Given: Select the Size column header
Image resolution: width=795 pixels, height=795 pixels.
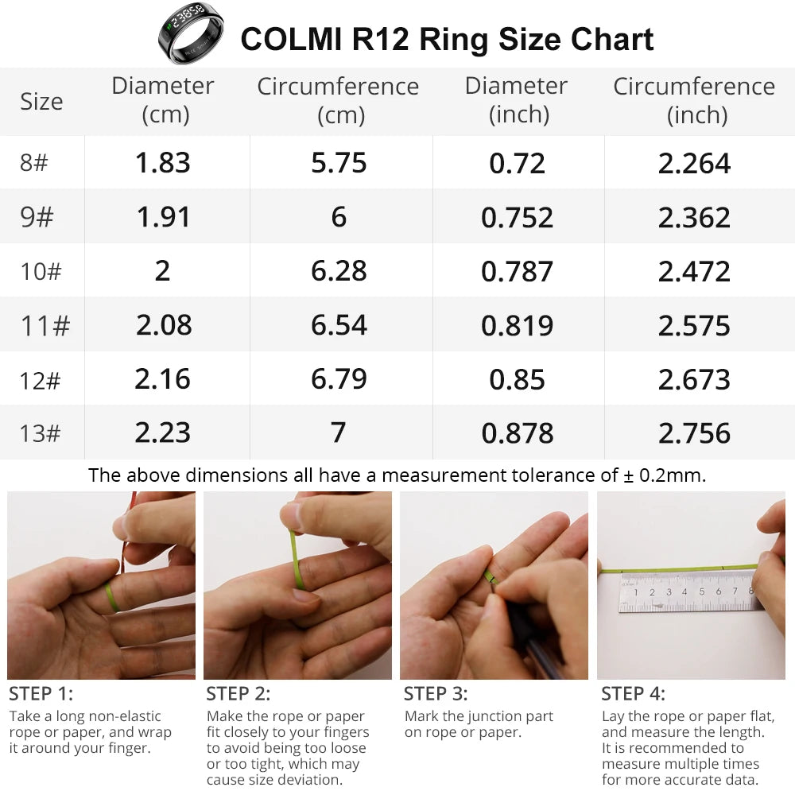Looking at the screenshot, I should coord(41,102).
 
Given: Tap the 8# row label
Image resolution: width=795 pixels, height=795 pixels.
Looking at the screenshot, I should coord(34,163).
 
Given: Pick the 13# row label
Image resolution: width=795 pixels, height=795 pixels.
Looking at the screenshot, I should coord(41,433).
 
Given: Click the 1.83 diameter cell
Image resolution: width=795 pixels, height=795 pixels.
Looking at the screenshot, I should coord(163,163).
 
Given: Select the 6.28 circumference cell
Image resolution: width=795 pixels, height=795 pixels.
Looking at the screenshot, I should coord(339,271).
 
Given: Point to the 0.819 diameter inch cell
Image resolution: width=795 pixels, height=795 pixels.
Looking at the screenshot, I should coord(517,325).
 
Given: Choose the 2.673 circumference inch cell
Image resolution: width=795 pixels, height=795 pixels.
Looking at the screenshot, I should coord(694,379).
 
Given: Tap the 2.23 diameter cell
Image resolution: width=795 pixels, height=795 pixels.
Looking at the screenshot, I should coord(163,433).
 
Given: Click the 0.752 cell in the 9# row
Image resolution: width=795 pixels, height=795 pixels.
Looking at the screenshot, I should coord(517,217).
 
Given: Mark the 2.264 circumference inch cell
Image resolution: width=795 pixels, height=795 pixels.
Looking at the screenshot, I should coord(694,163).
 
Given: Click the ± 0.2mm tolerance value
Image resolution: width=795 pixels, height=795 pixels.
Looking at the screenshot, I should coord(665,475).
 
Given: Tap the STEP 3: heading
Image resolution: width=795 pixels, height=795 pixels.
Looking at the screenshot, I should coord(436,693).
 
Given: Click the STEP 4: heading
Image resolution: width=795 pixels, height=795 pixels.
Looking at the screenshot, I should coord(634,693).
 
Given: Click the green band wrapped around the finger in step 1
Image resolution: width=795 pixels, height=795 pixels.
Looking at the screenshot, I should coord(111,596).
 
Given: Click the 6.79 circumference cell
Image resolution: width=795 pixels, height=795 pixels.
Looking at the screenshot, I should coord(339,379).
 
